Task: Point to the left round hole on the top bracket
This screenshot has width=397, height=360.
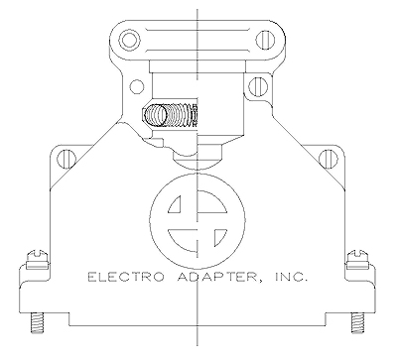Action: tap(127, 41)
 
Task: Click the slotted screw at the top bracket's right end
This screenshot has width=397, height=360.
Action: tap(266, 41)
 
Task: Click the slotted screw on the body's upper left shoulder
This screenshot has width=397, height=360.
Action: tap(66, 155)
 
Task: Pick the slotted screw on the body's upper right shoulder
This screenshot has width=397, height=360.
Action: tap(328, 155)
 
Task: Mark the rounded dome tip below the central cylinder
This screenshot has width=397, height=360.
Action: tap(196, 155)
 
